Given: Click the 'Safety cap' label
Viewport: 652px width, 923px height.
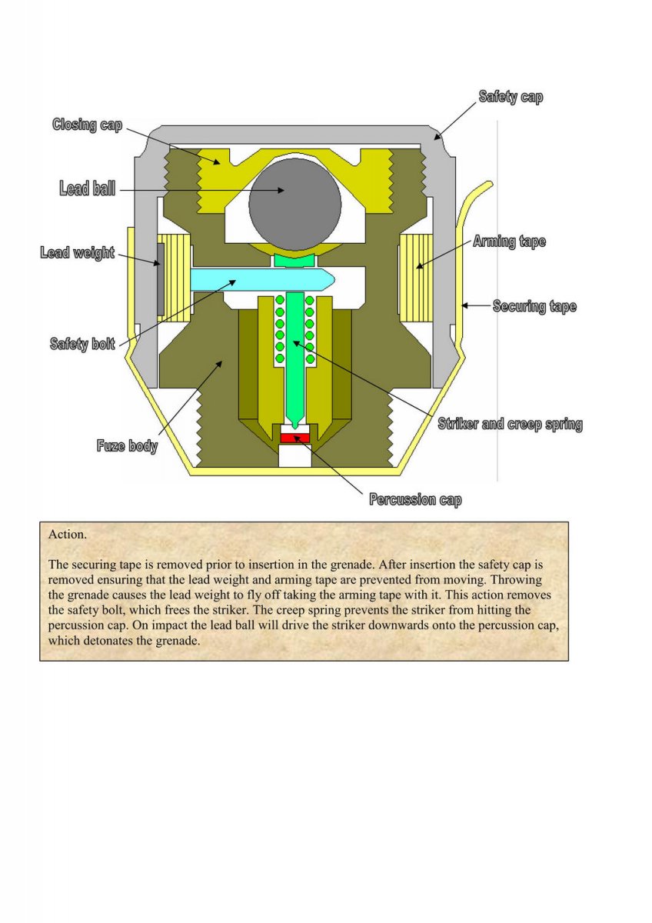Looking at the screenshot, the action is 511,96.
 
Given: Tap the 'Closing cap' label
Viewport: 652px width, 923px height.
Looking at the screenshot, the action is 88,125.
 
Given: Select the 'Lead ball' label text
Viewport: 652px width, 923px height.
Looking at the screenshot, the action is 88,188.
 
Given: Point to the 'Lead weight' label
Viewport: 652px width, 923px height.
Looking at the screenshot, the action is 78,252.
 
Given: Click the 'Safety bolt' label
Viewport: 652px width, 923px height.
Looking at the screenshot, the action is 82,344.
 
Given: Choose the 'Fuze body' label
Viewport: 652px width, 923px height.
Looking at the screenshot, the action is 128,445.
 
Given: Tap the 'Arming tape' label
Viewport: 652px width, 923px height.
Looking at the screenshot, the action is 509,242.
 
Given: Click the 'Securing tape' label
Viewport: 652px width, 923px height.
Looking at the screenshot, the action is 534,306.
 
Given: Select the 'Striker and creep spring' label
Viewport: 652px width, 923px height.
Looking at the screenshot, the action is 511,424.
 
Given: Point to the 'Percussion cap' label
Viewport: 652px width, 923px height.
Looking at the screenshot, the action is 416,499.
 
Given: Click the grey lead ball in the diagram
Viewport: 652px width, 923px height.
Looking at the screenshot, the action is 295,204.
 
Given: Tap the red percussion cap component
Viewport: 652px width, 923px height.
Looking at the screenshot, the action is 295,438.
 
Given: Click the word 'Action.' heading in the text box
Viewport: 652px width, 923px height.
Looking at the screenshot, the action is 68,535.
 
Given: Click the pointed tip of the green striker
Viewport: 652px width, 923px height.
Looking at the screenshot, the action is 295,427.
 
